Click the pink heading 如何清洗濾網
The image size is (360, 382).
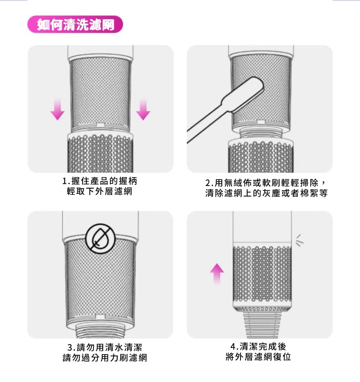[75, 24]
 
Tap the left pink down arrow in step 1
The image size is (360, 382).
[58, 109]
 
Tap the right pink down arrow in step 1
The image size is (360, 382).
[143, 109]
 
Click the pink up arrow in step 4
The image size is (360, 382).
[216, 274]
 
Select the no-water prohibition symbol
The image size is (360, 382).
[100, 239]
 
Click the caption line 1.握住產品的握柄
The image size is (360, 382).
[100, 181]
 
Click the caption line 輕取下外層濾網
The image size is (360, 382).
[99, 191]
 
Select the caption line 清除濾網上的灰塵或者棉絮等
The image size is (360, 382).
[266, 193]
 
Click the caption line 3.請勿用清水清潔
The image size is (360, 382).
[105, 347]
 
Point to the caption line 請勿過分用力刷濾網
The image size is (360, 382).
[105, 358]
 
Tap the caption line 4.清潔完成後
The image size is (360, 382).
[258, 346]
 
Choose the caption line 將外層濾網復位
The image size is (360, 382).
[258, 357]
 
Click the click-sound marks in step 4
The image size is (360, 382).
[300, 240]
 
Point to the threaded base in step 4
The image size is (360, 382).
[262, 325]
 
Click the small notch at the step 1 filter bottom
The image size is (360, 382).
[100, 125]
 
